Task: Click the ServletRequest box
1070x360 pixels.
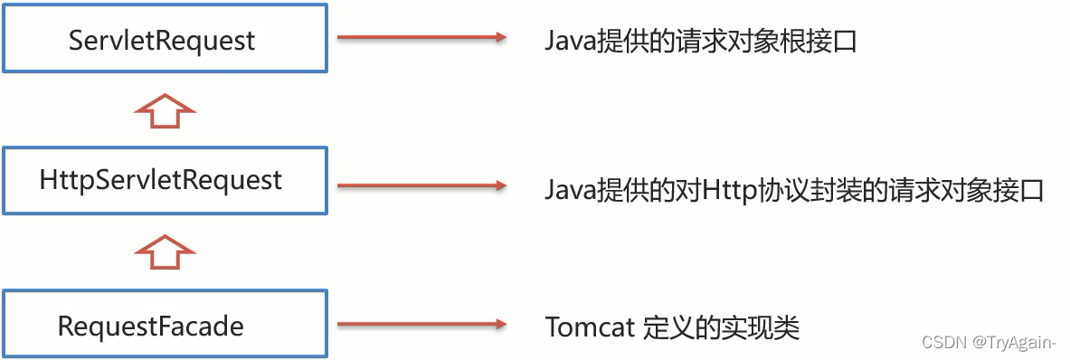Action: (164, 40)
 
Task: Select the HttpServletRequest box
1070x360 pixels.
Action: (164, 180)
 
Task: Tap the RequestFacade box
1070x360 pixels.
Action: (164, 325)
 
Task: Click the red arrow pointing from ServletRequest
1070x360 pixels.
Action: (421, 38)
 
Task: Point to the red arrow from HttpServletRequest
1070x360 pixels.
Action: (421, 187)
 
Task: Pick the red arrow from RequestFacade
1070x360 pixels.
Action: (421, 324)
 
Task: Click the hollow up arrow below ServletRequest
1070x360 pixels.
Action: (164, 110)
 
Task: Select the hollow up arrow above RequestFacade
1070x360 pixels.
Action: (164, 251)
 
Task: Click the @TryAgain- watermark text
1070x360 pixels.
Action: (1014, 342)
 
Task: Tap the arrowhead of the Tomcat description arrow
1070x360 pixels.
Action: (498, 324)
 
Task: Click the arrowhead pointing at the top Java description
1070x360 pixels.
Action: (498, 38)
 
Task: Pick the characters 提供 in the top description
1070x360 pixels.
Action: (623, 41)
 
